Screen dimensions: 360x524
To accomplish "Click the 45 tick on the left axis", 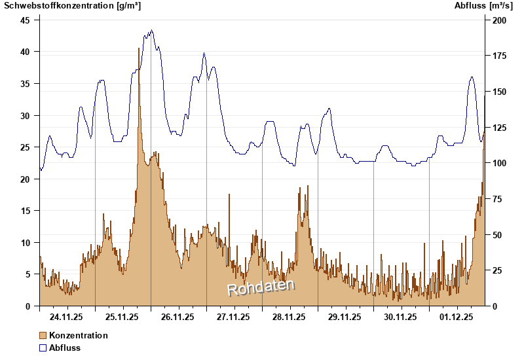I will point(25,20).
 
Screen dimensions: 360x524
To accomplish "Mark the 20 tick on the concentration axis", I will point(25,179).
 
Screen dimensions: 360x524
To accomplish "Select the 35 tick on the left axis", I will point(25,83).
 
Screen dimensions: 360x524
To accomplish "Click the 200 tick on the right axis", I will point(499,20).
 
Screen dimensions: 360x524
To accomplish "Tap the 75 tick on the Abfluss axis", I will point(497,199).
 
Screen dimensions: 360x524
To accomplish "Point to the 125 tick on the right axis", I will point(499,127).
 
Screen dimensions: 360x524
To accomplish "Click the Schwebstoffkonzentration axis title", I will point(72,6).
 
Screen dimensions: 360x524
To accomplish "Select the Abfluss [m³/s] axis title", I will point(483,6).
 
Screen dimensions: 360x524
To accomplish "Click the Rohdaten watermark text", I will point(261,287).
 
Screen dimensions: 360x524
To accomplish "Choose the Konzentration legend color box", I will point(43,335).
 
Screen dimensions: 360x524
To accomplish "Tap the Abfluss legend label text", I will point(65,348).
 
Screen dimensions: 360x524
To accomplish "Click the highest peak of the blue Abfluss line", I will point(151,30).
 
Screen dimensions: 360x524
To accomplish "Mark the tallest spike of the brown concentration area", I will point(140,49).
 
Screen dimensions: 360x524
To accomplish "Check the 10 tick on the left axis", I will point(25,242).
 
